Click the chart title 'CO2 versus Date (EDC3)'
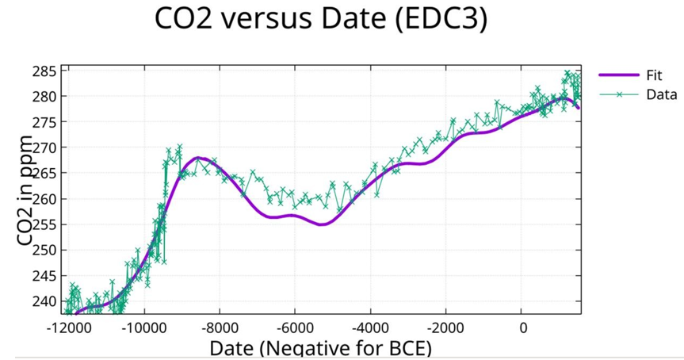(319, 21)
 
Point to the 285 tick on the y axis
(44, 71)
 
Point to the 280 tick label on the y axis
(44, 97)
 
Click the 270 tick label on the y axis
(44, 147)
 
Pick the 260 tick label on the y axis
(44, 199)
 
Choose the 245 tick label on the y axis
(44, 276)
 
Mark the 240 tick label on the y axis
(44, 301)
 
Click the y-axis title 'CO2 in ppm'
(24, 190)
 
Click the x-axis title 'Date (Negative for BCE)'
(320, 348)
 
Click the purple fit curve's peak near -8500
(201, 159)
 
